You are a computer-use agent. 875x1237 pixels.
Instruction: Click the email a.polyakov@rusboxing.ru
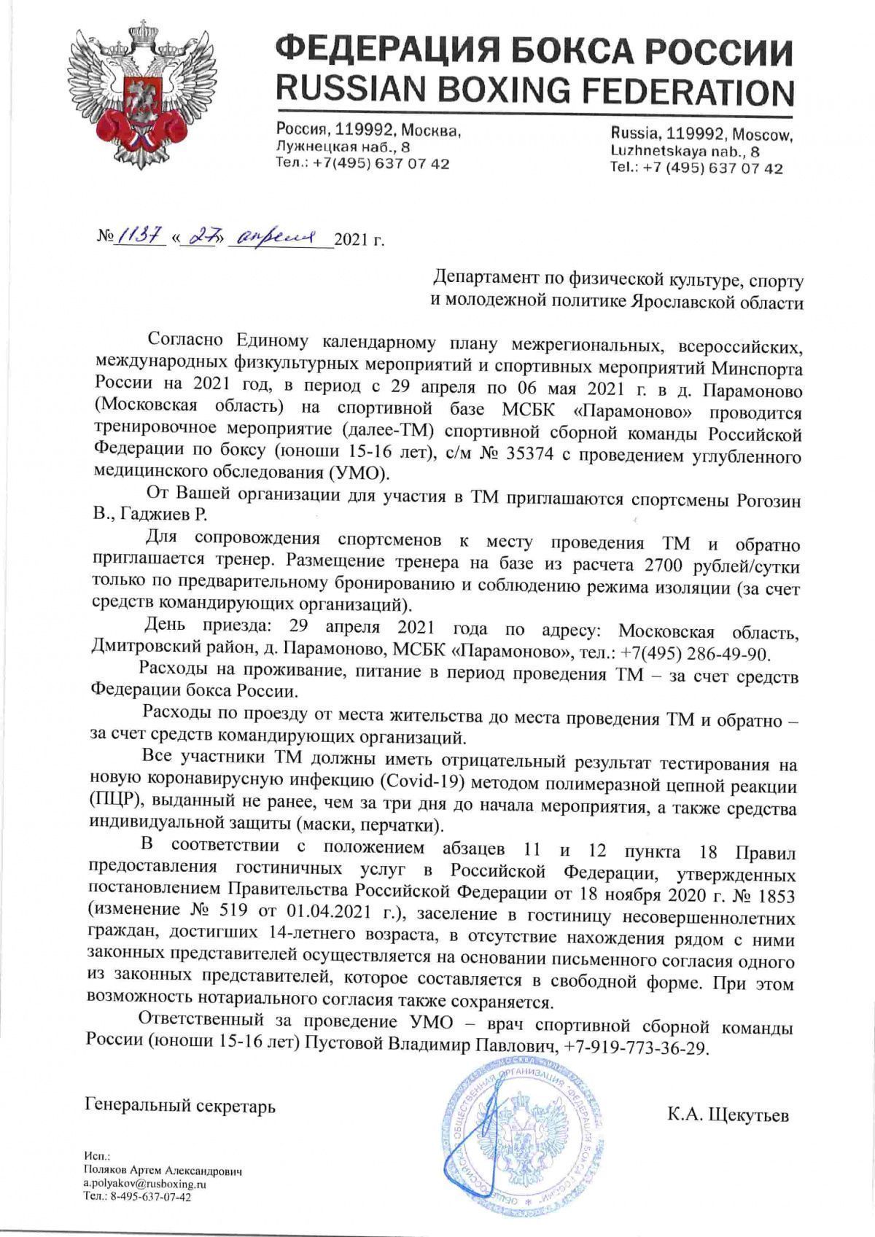point(145,1184)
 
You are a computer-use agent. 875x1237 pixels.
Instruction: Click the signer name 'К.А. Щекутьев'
point(727,1115)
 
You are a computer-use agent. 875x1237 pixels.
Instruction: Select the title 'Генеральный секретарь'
point(180,1106)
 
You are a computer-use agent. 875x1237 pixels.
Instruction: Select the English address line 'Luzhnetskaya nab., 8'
point(685,152)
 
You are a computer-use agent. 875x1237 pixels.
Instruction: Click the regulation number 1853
point(774,893)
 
